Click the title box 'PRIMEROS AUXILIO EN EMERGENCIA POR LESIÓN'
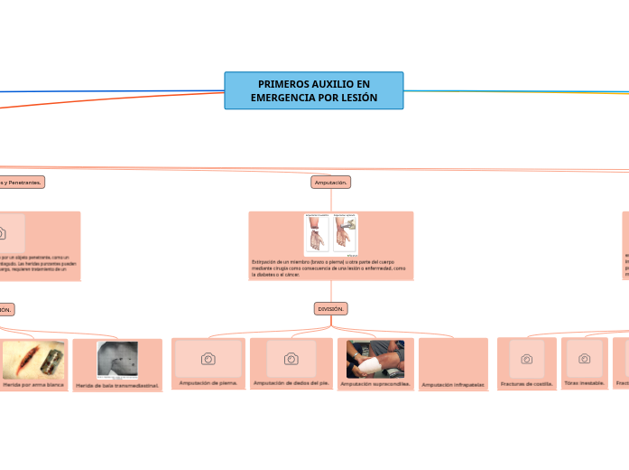(314, 90)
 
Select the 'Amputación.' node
(330, 183)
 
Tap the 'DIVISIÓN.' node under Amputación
(331, 309)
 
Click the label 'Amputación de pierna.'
(208, 383)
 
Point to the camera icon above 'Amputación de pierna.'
(208, 359)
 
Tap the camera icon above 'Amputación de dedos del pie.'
(291, 359)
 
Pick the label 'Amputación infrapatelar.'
(453, 385)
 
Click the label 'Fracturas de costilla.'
(526, 383)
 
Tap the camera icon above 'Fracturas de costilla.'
(527, 359)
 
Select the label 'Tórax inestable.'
(584, 383)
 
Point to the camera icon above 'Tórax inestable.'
(585, 359)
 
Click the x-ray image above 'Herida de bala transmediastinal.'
(117, 359)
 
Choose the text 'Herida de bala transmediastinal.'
(117, 386)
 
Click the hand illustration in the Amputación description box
(317, 234)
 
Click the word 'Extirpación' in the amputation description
(267, 261)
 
